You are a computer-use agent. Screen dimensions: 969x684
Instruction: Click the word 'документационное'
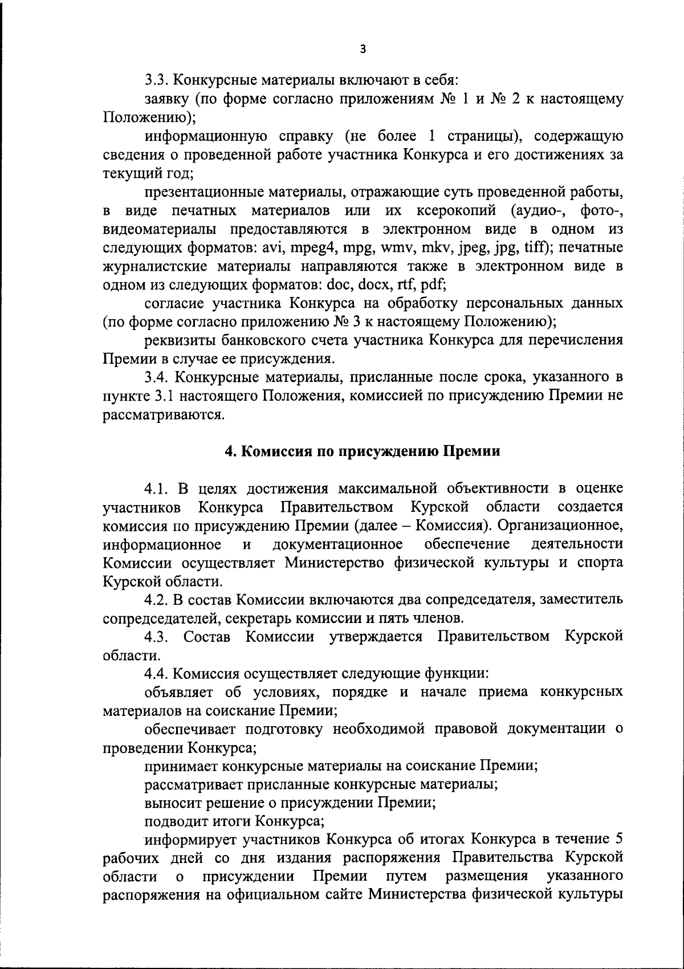pos(339,544)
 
